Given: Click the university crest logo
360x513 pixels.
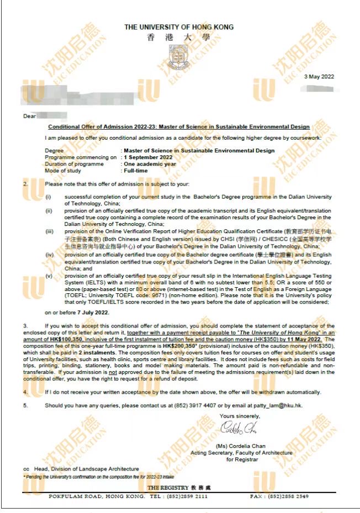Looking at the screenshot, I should (x=178, y=56).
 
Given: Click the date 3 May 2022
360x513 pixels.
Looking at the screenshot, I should (x=319, y=76).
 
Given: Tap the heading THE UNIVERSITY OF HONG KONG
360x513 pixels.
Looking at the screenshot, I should (x=178, y=27).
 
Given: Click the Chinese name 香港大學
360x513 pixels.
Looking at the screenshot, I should (x=178, y=38).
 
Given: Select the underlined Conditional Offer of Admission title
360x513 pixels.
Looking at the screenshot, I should (x=182, y=127).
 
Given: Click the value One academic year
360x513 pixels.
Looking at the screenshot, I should (x=150, y=164).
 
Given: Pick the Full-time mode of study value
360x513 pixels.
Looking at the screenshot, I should (x=136, y=171).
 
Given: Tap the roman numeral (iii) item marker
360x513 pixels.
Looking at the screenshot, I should (x=49, y=231).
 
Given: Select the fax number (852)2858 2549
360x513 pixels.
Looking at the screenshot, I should (x=287, y=496).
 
